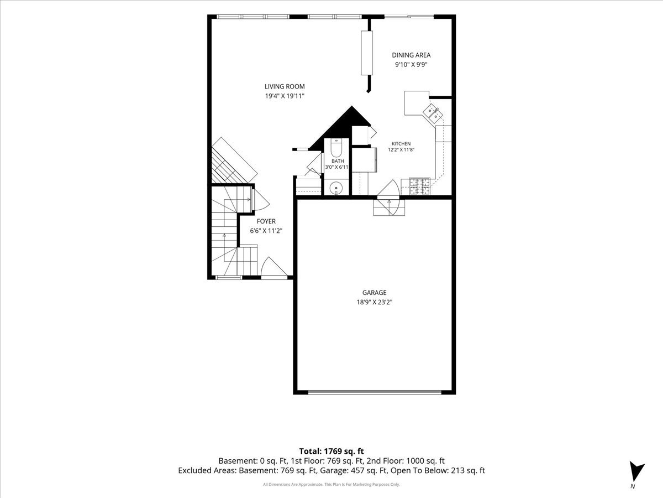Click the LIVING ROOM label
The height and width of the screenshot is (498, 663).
coord(285,86)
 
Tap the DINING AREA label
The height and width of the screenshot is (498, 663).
coord(411,55)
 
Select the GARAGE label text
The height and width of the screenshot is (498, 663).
coord(374,292)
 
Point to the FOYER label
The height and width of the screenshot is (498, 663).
coord(266,221)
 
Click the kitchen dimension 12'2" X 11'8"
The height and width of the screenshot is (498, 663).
coord(401,149)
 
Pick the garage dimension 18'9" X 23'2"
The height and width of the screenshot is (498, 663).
coord(374,302)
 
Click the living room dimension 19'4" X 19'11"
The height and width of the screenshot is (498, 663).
coord(285,96)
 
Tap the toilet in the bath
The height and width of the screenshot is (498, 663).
coord(335,147)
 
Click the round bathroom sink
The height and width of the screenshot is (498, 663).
coord(335,188)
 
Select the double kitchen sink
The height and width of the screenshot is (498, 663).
coord(433,113)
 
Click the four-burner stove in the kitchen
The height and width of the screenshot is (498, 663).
coord(419,186)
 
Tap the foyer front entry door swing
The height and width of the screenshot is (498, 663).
coord(274,267)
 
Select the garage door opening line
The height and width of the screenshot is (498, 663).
coord(375,392)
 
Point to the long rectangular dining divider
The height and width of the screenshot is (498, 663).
coord(367,53)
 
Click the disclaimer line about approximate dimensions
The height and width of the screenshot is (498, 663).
coord(331,484)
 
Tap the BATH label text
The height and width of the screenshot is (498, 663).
coord(338,161)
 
